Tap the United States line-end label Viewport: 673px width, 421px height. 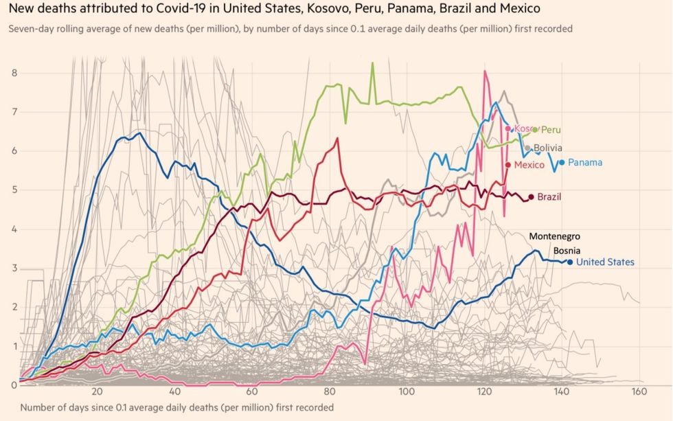pos(605,262)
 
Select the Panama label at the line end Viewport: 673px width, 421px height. pos(585,163)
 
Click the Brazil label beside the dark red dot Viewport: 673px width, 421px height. pos(549,197)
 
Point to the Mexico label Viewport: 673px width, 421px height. pos(529,166)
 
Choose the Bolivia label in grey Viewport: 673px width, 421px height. pos(548,148)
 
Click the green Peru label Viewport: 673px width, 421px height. pos(551,130)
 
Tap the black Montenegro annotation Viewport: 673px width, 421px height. pos(555,236)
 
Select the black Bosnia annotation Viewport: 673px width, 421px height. pos(567,251)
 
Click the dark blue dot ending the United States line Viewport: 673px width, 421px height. pos(570,262)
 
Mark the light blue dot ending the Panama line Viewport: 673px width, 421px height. pos(562,163)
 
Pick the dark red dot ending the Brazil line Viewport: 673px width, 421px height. pos(532,197)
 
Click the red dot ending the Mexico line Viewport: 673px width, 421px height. pos(508,166)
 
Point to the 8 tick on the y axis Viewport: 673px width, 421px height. pos(14,73)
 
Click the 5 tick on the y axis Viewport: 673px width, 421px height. pos(14,190)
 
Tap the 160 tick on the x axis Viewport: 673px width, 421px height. pos(639,391)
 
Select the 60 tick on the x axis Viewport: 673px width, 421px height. pos(252,391)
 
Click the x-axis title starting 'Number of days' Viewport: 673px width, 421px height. pos(177,407)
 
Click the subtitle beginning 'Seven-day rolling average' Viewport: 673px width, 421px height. pos(290,29)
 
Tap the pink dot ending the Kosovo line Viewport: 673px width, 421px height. pos(508,128)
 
